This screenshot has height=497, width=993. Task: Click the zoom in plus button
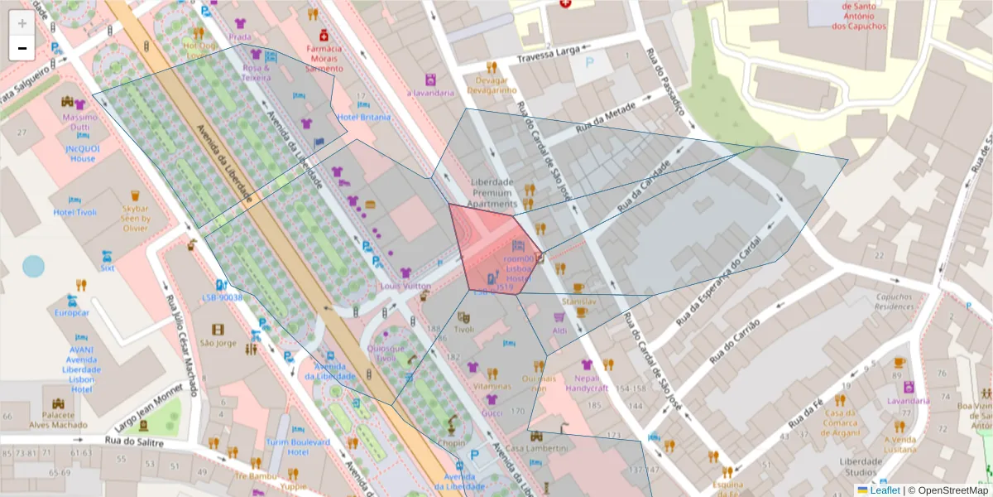[x=22, y=23]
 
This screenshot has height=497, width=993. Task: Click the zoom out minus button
[x=22, y=48]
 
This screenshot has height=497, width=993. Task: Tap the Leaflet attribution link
[x=885, y=490]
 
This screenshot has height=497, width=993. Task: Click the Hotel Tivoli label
[x=75, y=212]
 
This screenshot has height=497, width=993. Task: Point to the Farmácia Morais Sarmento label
[x=324, y=58]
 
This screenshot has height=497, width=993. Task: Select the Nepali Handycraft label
[x=587, y=383]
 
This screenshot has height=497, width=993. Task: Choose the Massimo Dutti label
[x=79, y=123]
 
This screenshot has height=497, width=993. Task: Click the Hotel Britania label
[x=363, y=117]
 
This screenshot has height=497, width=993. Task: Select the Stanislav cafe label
[x=578, y=302]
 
